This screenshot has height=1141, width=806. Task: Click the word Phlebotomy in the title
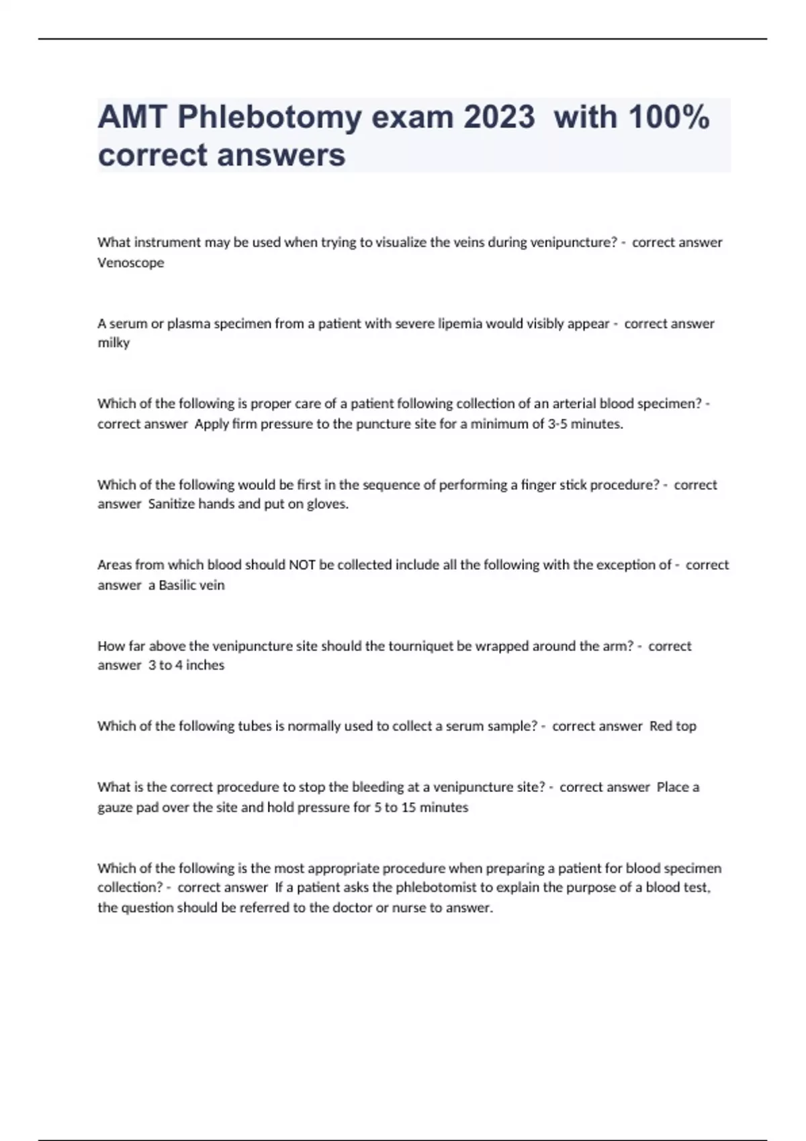[269, 118]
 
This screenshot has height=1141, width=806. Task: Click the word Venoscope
[131, 262]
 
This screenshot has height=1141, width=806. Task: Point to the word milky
[114, 342]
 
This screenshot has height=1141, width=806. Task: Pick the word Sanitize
[171, 504]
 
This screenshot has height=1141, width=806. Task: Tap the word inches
[205, 665]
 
